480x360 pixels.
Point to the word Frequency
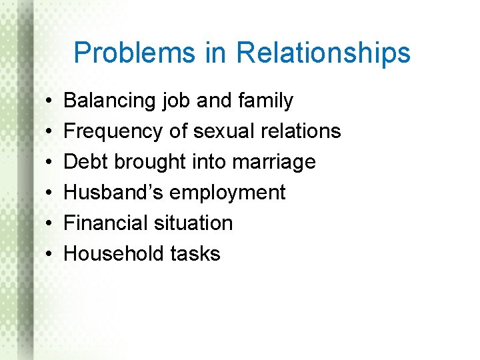(114, 131)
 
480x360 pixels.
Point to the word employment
(227, 193)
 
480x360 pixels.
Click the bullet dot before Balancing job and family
(51, 101)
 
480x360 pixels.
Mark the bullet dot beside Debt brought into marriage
(51, 163)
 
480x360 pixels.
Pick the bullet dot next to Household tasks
(51, 255)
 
